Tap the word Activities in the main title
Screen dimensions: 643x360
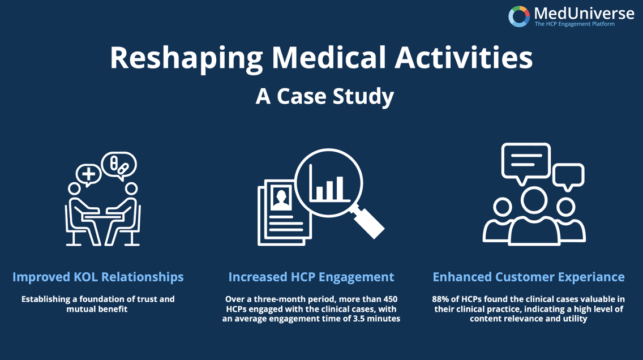click(x=464, y=57)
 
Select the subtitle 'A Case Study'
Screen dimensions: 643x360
click(x=325, y=97)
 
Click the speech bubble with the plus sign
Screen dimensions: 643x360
click(x=88, y=175)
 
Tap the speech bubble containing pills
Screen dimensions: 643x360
click(x=119, y=165)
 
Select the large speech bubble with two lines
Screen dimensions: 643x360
click(x=526, y=162)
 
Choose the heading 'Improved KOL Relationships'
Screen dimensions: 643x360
click(x=98, y=277)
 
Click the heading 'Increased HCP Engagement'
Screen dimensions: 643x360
click(x=311, y=277)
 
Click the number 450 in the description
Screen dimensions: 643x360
click(x=389, y=299)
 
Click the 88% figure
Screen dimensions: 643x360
click(x=440, y=299)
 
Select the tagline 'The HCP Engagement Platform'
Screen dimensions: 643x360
click(x=575, y=24)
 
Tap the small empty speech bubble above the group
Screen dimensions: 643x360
click(x=568, y=176)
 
